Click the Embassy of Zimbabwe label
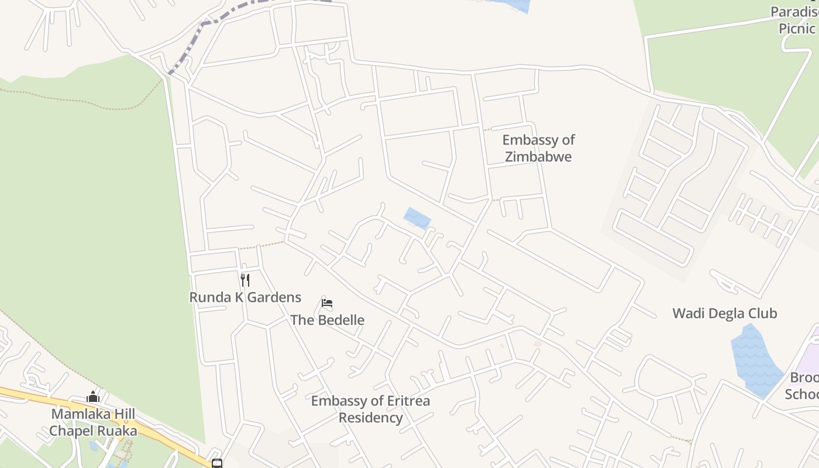pyautogui.click(x=538, y=148)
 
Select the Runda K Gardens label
pyautogui.click(x=245, y=297)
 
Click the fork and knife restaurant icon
pyautogui.click(x=245, y=280)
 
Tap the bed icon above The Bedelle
pyautogui.click(x=327, y=303)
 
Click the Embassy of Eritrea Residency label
pyautogui.click(x=370, y=409)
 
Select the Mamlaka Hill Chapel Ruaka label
pyautogui.click(x=93, y=422)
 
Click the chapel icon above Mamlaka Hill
pyautogui.click(x=93, y=398)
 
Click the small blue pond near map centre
pyautogui.click(x=417, y=218)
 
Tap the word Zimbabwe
pyautogui.click(x=538, y=157)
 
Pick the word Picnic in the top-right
pyautogui.click(x=796, y=28)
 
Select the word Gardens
pyautogui.click(x=274, y=297)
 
